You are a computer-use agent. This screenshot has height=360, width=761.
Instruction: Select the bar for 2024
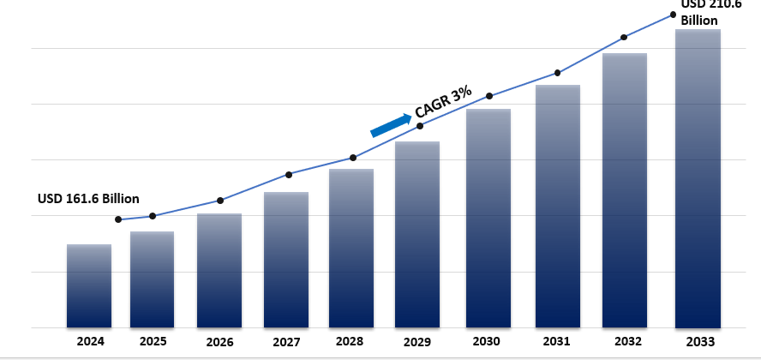tap(89, 285)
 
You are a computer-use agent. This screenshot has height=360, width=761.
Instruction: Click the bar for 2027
tap(286, 259)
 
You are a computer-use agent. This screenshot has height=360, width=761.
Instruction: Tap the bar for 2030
tap(488, 218)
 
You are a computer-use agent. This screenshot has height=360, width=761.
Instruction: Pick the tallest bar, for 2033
tap(698, 178)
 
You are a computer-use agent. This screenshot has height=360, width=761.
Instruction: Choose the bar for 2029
tap(417, 234)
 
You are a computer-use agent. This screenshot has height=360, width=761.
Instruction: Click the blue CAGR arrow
tap(390, 125)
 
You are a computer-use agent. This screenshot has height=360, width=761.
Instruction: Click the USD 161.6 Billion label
tap(88, 198)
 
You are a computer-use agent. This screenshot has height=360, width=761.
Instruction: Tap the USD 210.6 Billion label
tap(710, 12)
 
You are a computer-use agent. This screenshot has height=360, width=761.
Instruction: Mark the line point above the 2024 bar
tap(118, 219)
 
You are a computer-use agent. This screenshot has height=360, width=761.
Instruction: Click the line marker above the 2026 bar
tap(220, 201)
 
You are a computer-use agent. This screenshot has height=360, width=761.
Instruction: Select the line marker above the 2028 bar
tap(353, 158)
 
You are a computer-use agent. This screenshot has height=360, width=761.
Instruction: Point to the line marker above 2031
tap(558, 73)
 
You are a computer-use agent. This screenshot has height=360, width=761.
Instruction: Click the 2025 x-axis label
tap(152, 341)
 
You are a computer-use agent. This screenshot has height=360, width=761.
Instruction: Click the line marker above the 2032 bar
tap(624, 38)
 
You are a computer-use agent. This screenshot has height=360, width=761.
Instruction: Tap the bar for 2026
tap(219, 270)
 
